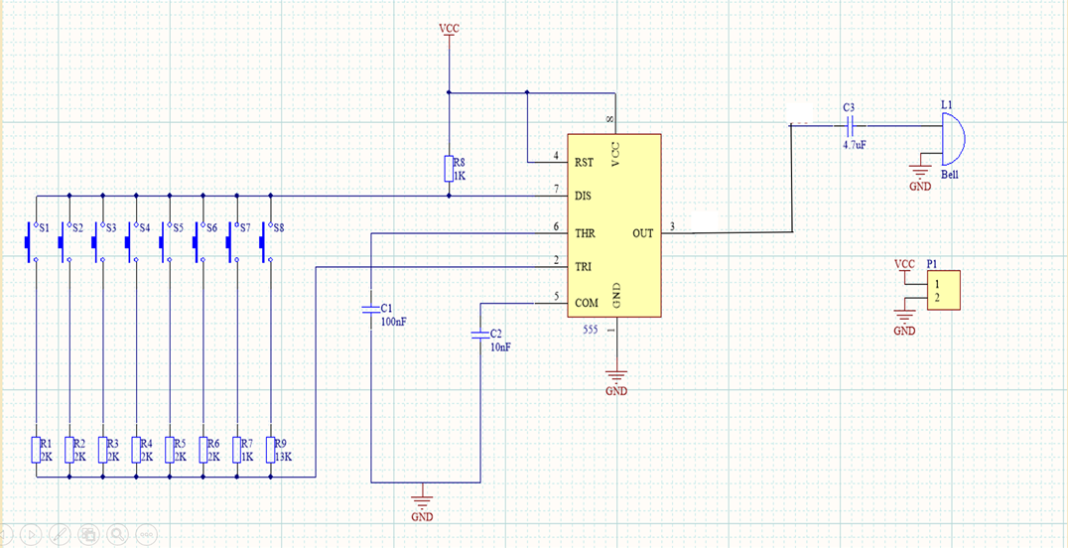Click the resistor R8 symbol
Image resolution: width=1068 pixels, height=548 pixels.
click(449, 169)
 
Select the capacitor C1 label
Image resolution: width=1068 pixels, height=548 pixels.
click(387, 309)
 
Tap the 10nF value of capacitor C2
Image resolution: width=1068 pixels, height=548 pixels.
click(500, 347)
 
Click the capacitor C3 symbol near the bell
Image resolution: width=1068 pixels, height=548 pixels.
click(850, 125)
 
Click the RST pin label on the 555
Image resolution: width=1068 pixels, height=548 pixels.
click(585, 162)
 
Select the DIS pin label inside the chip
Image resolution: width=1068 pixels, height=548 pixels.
click(584, 197)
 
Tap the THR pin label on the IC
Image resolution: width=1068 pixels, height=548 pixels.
click(585, 233)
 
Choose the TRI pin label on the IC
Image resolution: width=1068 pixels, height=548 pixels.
click(584, 266)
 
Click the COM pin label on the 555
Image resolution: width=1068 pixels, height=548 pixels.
click(586, 302)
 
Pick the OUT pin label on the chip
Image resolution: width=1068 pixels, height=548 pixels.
click(643, 233)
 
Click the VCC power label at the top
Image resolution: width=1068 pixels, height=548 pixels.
click(450, 29)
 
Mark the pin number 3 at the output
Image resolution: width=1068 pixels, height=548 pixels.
click(672, 226)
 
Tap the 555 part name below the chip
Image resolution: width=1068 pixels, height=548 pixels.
click(590, 329)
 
